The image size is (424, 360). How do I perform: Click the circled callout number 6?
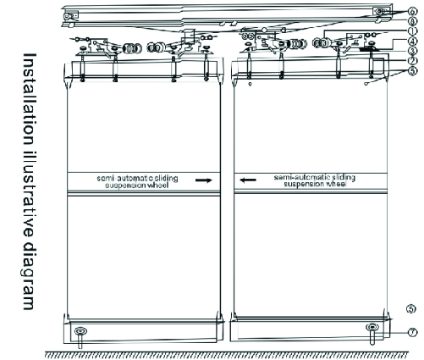pyautogui.click(x=412, y=12)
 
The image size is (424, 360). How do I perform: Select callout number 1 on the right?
pyautogui.click(x=412, y=30)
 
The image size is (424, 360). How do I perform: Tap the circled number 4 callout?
pyautogui.click(x=412, y=41)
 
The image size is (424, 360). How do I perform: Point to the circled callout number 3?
pyautogui.click(x=412, y=51)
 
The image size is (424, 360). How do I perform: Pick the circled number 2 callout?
pyautogui.click(x=412, y=61)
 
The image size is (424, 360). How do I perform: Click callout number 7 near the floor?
pyautogui.click(x=412, y=333)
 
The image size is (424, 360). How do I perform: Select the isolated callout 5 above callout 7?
pyautogui.click(x=411, y=309)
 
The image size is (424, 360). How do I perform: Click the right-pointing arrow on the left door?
pyautogui.click(x=204, y=180)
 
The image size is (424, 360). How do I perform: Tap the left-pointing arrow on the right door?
pyautogui.click(x=248, y=180)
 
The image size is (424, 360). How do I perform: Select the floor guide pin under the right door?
pyautogui.click(x=372, y=334)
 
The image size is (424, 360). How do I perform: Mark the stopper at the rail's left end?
pyautogui.click(x=69, y=17)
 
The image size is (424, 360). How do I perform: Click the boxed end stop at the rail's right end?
pyautogui.click(x=382, y=12)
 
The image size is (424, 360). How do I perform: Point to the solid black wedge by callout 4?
pyautogui.click(x=370, y=48)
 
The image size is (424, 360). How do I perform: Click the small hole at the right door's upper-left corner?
pyautogui.click(x=250, y=84)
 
